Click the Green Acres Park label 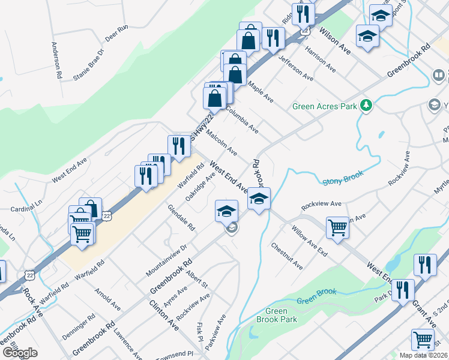pos(325,107)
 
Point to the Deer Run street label pos(116,32)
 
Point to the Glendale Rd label pos(181,218)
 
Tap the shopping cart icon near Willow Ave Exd pos(338,227)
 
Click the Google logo pos(20,353)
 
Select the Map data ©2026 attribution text pos(424,355)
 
